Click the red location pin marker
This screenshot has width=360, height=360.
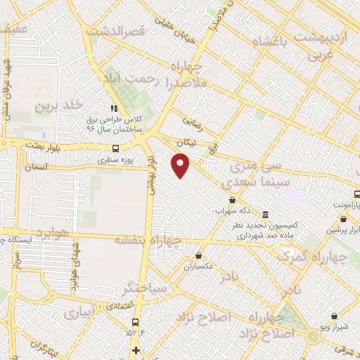pos(181,165)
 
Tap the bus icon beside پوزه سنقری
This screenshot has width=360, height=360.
pos(115,148)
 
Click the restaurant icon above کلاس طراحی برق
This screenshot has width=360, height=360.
pos(113,108)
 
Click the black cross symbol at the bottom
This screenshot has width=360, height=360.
pos(136,350)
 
